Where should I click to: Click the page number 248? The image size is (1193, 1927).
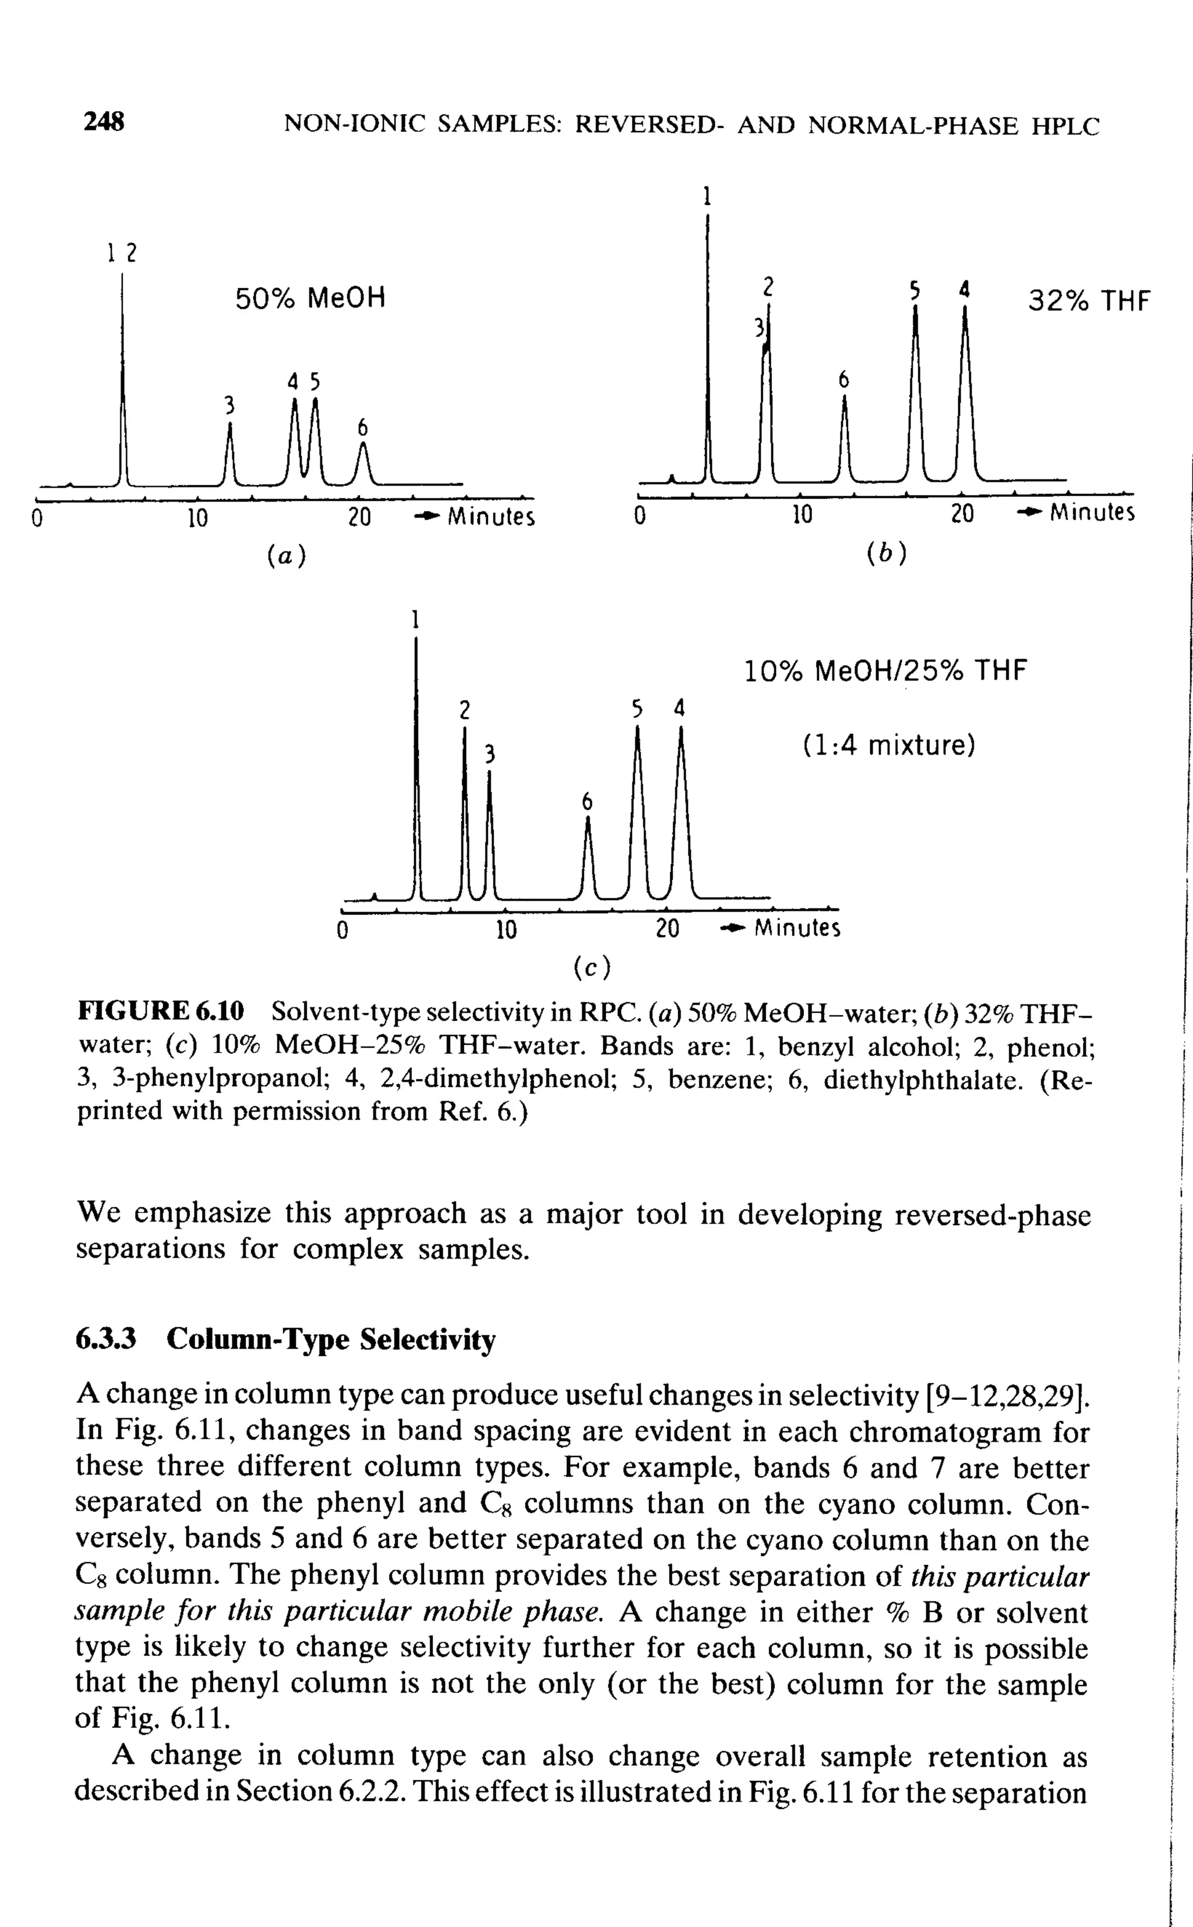[104, 122]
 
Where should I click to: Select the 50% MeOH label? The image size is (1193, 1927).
[310, 298]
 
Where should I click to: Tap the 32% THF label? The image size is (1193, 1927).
[1089, 301]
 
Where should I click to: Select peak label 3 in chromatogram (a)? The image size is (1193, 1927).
[230, 405]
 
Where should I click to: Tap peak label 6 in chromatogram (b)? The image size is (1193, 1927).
[843, 380]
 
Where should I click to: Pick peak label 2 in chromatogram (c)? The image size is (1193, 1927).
[465, 710]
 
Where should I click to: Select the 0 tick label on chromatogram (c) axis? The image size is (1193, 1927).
[341, 930]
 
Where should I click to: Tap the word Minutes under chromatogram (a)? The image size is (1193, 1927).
[490, 518]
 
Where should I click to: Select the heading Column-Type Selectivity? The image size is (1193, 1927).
[331, 1339]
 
